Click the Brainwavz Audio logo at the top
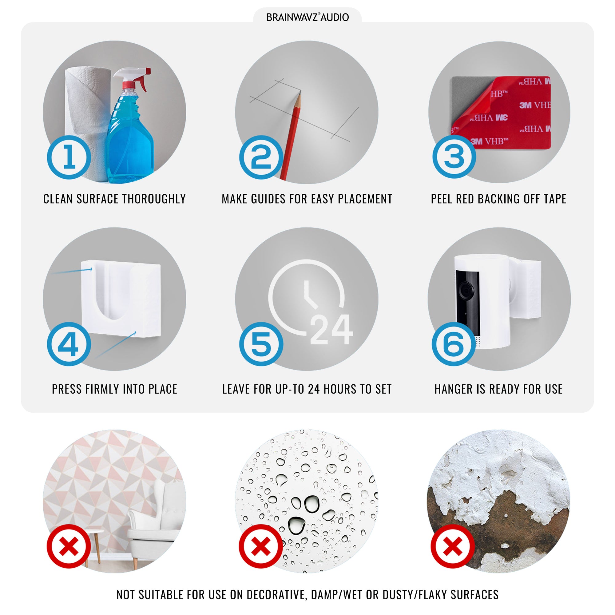[x=307, y=17]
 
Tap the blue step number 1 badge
[x=69, y=157]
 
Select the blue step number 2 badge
[x=261, y=157]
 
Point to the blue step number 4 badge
[x=69, y=344]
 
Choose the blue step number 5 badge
[x=261, y=344]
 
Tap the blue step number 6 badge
[x=454, y=344]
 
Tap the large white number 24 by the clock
[x=331, y=329]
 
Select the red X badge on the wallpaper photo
[x=69, y=546]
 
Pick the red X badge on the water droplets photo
[x=261, y=546]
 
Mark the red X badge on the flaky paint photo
[x=453, y=546]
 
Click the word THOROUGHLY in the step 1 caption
[x=154, y=199]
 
